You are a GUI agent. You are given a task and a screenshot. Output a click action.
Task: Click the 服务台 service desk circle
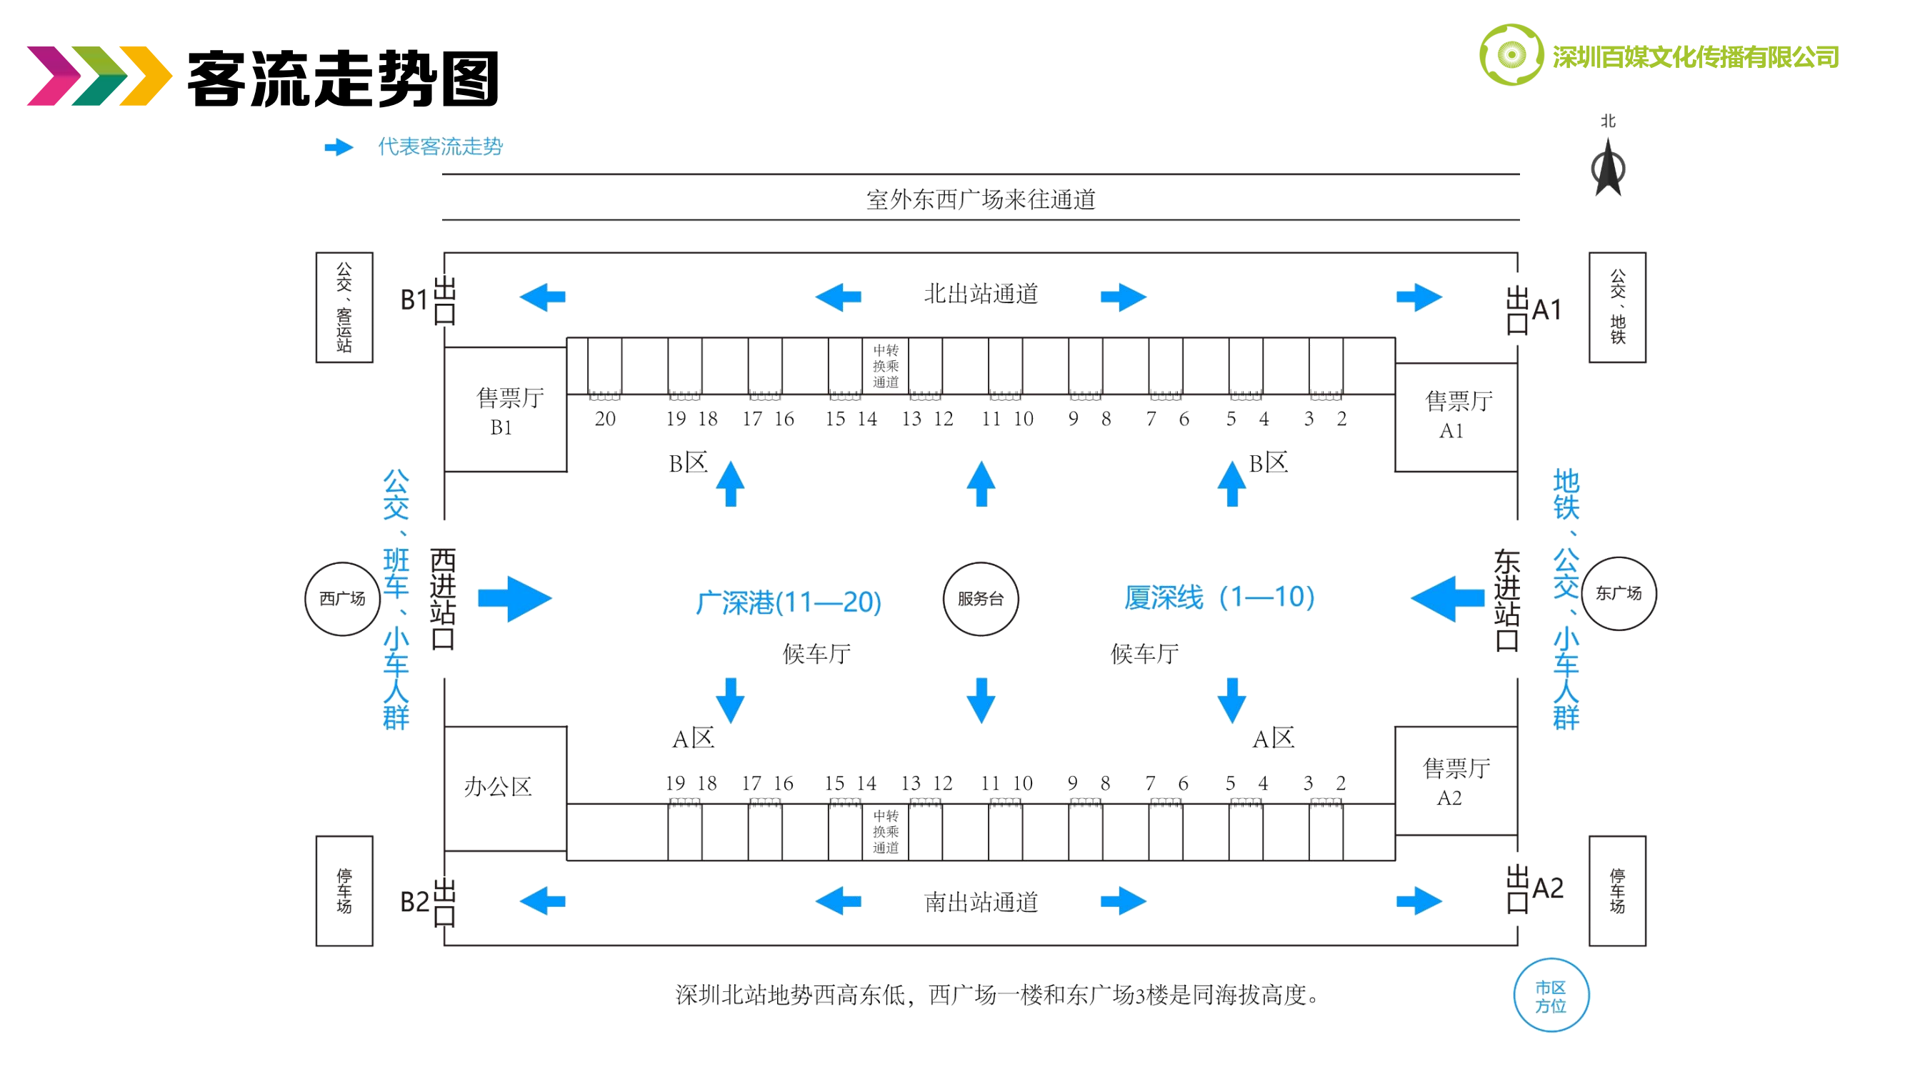coord(981,598)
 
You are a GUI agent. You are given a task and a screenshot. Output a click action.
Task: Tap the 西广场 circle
coord(342,598)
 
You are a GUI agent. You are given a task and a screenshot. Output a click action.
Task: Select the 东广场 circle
coord(1618,593)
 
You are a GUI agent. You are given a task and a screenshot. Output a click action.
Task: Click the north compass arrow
coord(1608,169)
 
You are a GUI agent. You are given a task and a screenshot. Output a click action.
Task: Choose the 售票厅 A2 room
coord(1456,780)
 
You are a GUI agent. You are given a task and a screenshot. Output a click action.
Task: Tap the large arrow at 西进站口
coord(515,597)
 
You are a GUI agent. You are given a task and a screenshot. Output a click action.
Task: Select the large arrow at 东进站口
coord(1447,597)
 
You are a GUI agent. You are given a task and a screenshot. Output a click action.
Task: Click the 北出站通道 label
coord(981,294)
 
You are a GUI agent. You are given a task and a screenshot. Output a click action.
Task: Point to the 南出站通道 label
coord(981,903)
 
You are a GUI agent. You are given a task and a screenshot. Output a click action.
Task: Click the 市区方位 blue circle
coord(1551,996)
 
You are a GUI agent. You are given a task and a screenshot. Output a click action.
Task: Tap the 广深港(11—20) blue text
coord(789,602)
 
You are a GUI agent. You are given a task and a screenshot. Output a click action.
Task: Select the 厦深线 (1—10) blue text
coord(1219,597)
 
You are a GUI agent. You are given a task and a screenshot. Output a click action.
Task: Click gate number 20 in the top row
coord(605,419)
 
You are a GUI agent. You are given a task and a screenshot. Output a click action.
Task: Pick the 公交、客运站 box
coord(344,307)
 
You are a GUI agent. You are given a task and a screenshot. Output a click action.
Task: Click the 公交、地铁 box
coord(1617,307)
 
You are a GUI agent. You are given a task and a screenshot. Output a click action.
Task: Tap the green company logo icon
coord(1511,55)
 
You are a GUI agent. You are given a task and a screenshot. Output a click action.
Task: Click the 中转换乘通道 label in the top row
coord(885,365)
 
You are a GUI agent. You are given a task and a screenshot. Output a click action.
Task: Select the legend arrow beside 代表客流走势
coord(339,147)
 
